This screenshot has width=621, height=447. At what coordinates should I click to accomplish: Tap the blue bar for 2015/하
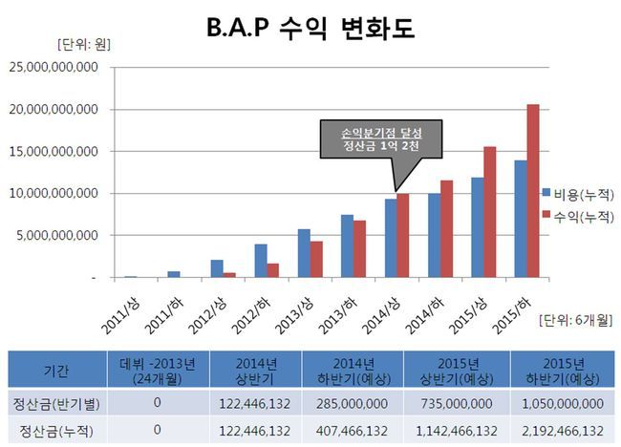(521, 219)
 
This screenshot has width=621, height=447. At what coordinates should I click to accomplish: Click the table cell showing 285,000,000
(353, 403)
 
